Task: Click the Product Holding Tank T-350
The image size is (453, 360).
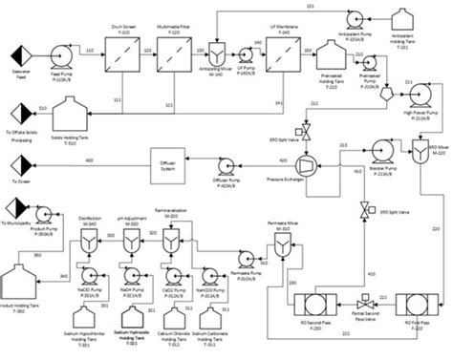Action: (35, 292)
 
